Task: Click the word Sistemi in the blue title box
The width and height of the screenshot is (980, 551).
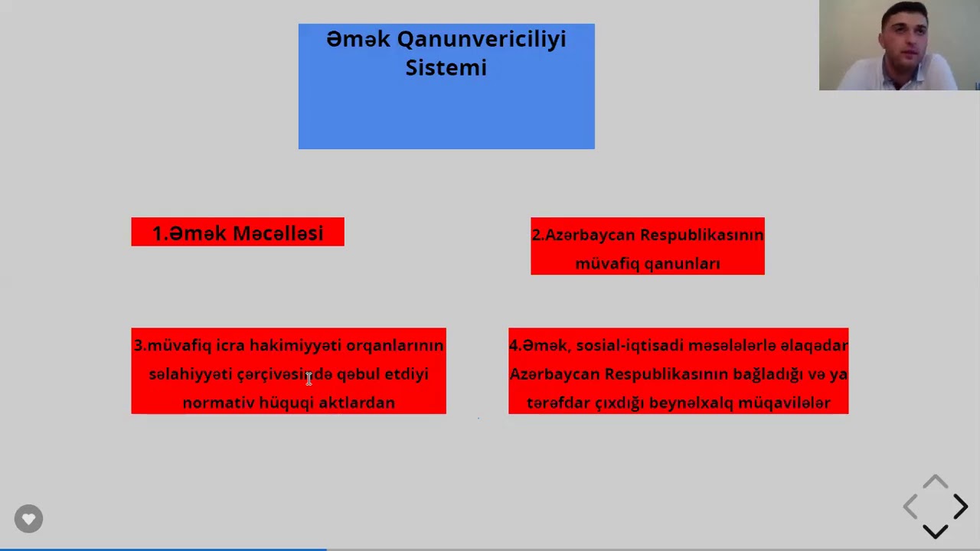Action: click(446, 67)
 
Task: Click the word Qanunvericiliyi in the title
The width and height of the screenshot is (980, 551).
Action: click(482, 39)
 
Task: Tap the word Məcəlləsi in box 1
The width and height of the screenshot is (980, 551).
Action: click(278, 233)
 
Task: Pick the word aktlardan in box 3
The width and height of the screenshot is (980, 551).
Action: click(357, 403)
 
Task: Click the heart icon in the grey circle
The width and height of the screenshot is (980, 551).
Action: click(28, 519)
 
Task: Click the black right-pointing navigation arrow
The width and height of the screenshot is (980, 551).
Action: click(960, 507)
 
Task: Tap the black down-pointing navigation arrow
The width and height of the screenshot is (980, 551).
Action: click(935, 531)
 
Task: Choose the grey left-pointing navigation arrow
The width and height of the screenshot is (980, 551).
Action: click(910, 507)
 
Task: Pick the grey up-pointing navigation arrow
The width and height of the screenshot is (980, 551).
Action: click(935, 482)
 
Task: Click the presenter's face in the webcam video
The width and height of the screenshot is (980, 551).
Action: click(903, 38)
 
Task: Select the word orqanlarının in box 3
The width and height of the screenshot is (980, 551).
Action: click(394, 345)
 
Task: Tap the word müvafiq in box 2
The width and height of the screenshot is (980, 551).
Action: click(605, 263)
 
